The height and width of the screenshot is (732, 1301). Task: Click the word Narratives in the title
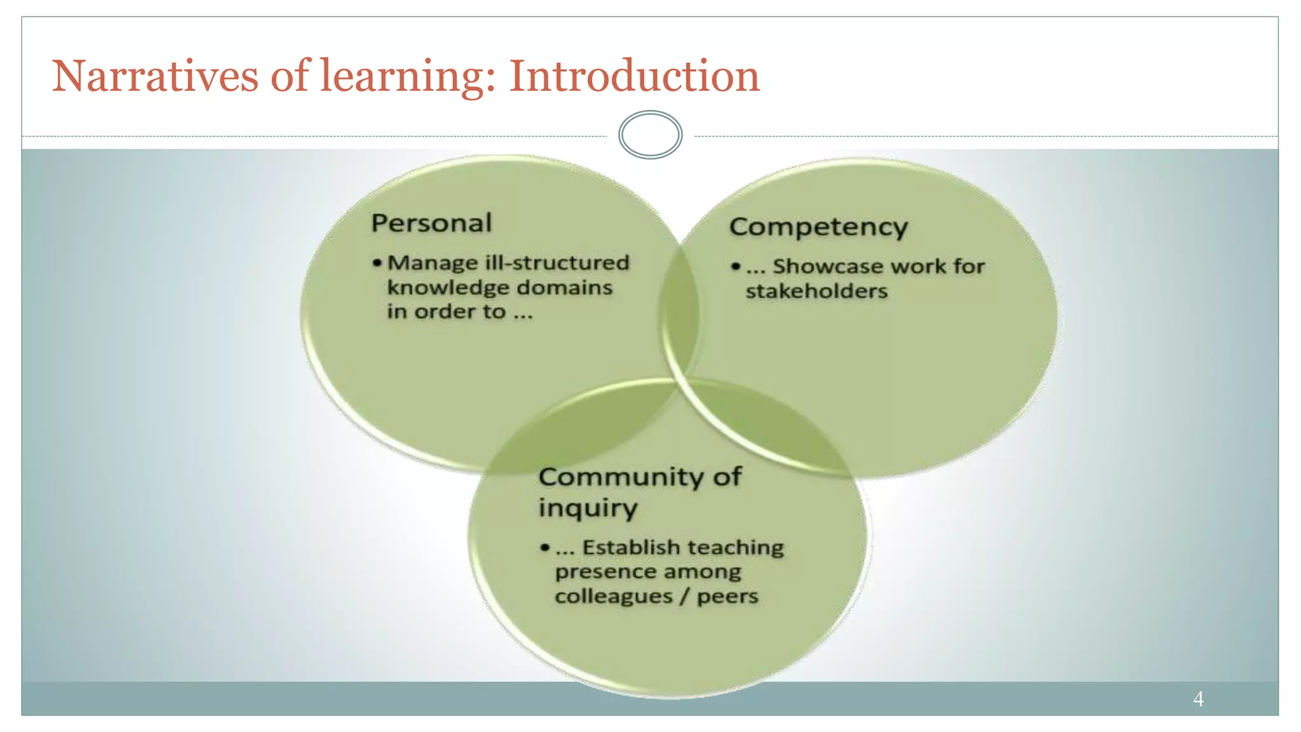154,76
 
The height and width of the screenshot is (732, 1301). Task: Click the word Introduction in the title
634,76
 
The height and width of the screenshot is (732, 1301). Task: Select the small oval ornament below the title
650,135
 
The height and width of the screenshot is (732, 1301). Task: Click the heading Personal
431,223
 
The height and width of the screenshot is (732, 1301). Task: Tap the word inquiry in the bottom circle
588,508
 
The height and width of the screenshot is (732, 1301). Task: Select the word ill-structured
557,262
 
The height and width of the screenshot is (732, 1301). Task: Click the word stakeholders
816,291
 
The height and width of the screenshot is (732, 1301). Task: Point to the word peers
727,597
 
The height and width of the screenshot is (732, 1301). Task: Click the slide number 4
1198,699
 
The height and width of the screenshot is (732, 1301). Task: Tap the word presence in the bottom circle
603,572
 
